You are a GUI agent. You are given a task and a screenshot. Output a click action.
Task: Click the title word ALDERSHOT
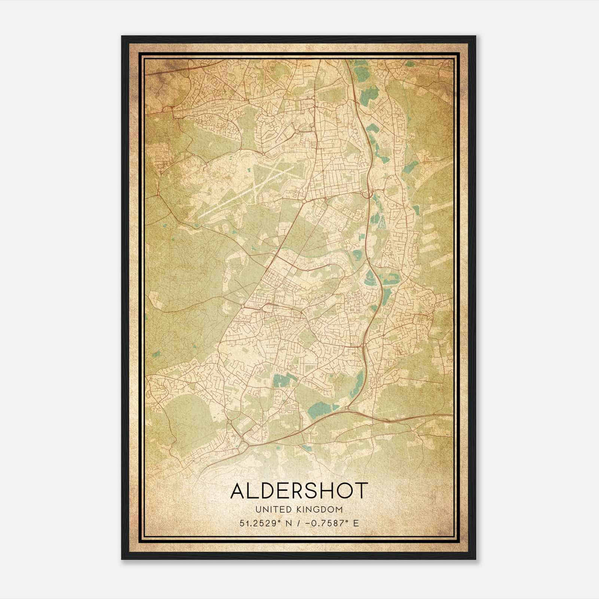(x=299, y=491)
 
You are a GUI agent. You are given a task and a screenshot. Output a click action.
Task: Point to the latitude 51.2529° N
(x=267, y=523)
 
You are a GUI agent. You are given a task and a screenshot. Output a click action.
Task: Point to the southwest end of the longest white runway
(x=200, y=216)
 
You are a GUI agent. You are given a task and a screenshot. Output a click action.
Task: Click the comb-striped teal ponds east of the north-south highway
(x=381, y=224)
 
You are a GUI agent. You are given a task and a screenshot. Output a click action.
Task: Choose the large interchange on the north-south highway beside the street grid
(x=369, y=194)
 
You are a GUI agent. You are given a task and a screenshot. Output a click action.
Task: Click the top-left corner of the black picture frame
(x=122, y=36)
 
